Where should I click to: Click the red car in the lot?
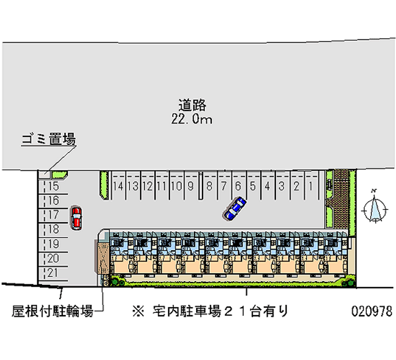76,218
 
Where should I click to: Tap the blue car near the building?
235,208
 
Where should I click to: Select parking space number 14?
118,187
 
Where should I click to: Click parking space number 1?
310,187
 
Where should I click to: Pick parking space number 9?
190,187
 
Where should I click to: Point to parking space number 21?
54,272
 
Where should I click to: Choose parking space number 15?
54,187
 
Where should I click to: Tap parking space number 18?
54,229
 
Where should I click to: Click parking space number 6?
238,187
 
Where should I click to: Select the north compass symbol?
375,208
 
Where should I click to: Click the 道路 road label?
192,105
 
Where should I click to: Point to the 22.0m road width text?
192,119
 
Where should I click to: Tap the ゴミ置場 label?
48,140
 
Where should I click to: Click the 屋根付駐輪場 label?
52,311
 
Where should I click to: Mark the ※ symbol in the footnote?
137,311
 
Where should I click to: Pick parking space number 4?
267,187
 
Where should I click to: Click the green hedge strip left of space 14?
104,185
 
